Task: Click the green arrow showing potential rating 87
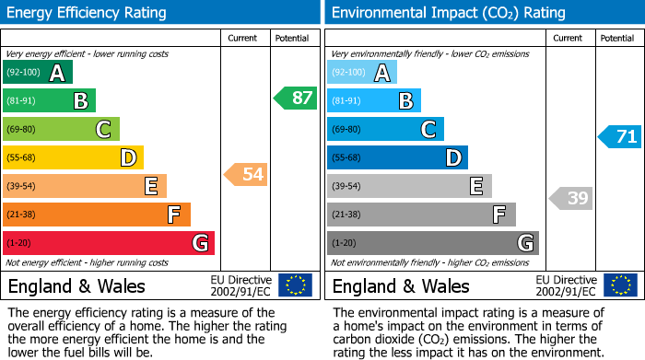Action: click(296, 98)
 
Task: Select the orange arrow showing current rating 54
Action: click(247, 174)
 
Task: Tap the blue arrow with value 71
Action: click(620, 136)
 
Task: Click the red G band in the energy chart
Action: click(109, 243)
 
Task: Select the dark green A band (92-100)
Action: click(38, 72)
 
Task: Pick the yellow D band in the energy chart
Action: click(73, 157)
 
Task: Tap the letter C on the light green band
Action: click(103, 130)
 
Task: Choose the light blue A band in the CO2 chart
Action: click(362, 72)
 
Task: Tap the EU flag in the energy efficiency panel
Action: click(295, 285)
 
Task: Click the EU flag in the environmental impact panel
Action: click(619, 285)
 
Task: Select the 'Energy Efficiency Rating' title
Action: click(88, 13)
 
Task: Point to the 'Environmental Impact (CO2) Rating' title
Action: click(448, 13)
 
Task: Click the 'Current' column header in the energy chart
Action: click(243, 38)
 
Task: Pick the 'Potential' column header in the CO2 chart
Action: click(617, 38)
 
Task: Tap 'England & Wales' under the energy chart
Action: click(76, 286)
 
